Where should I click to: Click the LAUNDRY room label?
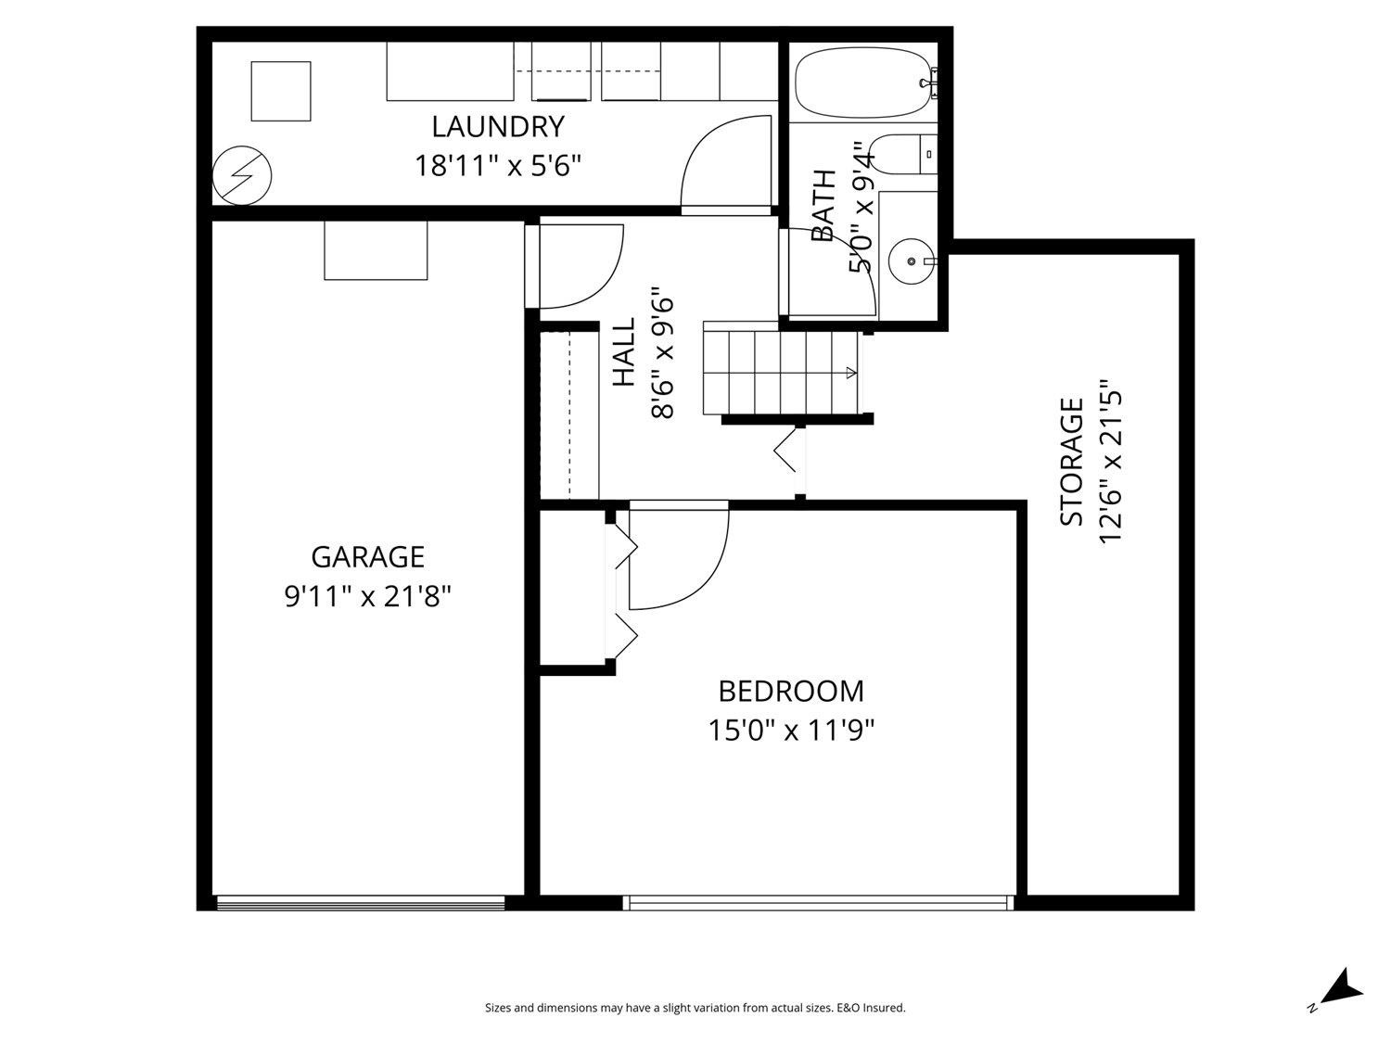[x=498, y=126]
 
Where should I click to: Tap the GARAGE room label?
[x=367, y=556]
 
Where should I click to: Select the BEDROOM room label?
[x=791, y=691]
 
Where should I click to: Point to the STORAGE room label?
[x=1071, y=462]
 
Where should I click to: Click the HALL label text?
[x=623, y=352]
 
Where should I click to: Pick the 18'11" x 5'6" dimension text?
[x=498, y=167]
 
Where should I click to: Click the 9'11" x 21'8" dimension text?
[x=367, y=596]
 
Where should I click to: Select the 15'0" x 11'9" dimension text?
[x=791, y=731]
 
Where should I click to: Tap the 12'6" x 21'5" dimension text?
[x=1111, y=462]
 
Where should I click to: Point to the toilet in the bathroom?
[x=903, y=154]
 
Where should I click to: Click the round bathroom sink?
[x=911, y=261]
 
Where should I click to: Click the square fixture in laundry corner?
[x=281, y=91]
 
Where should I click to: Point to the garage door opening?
[x=360, y=902]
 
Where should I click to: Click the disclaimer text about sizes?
[x=695, y=1008]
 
